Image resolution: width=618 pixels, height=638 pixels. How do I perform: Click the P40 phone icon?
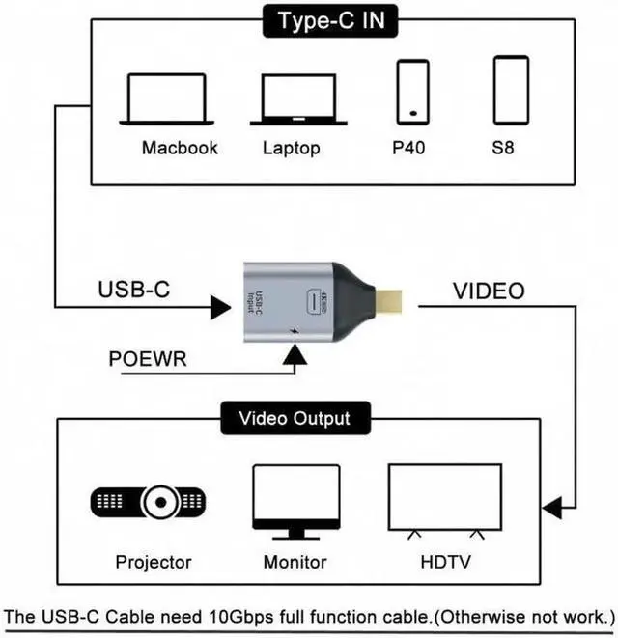tap(413, 91)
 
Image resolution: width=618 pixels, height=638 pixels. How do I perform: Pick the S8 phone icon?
tap(511, 90)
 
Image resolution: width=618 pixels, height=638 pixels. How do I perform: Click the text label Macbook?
tap(180, 148)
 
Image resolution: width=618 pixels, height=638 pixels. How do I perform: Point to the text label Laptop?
tap(291, 148)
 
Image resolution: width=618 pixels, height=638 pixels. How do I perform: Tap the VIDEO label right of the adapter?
tap(489, 291)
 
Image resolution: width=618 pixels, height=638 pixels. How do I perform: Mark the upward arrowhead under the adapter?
tap(294, 358)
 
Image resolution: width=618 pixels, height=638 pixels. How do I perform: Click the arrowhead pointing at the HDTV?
tap(552, 508)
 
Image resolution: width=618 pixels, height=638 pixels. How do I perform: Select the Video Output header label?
tap(294, 419)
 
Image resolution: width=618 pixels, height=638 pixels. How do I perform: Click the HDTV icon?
tap(444, 500)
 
